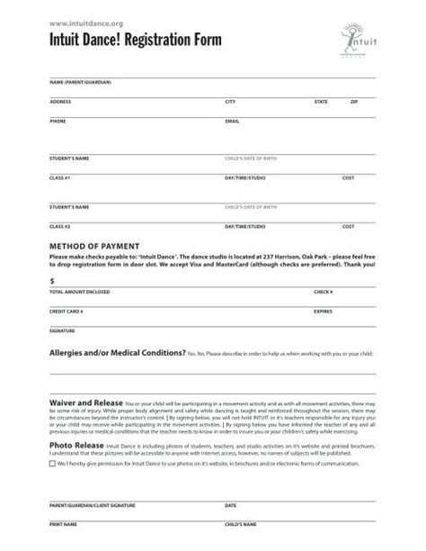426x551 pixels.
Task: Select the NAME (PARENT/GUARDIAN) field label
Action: point(80,82)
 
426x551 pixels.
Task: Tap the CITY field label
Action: point(230,102)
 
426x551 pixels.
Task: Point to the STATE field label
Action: point(321,102)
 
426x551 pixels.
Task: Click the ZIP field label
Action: point(353,102)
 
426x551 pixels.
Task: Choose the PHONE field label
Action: point(58,120)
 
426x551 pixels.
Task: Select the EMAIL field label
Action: point(232,120)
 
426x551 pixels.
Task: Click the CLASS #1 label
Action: point(59,177)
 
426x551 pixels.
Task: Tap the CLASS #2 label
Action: point(59,227)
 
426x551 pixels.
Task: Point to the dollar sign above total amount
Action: point(52,282)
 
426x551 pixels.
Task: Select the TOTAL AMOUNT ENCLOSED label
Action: point(81,293)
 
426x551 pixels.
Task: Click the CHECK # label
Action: point(324,293)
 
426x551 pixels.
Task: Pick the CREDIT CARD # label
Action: point(67,311)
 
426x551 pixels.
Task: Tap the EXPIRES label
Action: point(324,311)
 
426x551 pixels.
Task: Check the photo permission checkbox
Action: point(52,465)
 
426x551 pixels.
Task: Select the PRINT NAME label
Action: point(63,524)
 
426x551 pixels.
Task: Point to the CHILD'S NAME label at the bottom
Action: point(241,524)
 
